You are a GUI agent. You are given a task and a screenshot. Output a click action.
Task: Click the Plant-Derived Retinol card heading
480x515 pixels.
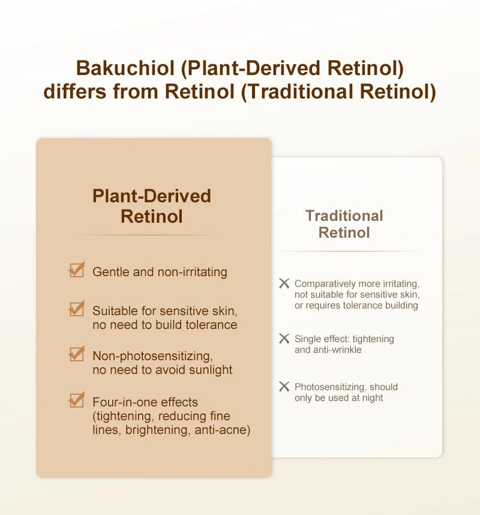point(152,206)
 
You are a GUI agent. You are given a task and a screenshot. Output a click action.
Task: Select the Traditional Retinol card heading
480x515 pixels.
point(344,224)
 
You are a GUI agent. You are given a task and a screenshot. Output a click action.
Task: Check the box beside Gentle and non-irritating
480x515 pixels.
point(76,271)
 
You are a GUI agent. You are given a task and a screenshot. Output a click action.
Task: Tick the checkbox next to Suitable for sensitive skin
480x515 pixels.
point(76,310)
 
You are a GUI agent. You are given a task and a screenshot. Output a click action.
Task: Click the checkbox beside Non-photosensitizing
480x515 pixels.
point(76,355)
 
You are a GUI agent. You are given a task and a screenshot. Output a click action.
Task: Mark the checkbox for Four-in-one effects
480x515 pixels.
point(76,400)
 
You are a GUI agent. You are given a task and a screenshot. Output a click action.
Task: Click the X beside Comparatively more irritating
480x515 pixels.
point(284,283)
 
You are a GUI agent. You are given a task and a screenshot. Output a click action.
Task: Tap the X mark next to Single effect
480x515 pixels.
point(284,339)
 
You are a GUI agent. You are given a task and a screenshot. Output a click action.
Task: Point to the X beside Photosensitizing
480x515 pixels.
point(284,387)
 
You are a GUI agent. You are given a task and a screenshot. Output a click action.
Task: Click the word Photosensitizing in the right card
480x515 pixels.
point(329,387)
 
